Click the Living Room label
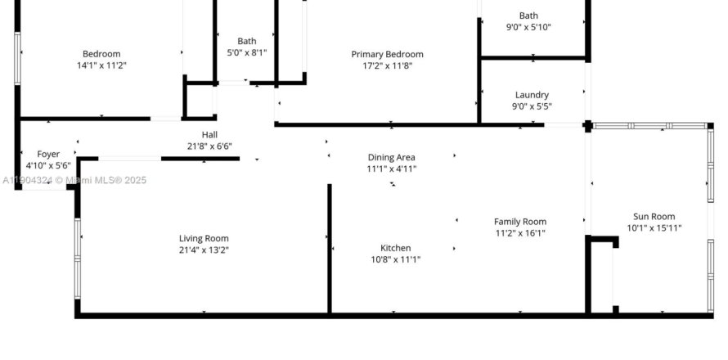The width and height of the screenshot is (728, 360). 204,238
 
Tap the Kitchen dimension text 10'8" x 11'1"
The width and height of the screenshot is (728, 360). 396,259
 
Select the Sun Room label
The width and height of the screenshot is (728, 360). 654,217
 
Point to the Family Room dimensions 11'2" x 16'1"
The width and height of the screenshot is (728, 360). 520,233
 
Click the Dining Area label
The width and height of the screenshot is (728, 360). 391,157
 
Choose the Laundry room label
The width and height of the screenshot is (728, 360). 532,95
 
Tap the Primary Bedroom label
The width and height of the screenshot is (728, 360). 387,54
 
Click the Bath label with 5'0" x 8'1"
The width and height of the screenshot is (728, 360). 246,42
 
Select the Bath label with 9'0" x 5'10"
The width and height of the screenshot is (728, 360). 528,16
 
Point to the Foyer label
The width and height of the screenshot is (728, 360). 48,154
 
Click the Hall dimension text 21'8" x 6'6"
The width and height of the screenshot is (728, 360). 209,146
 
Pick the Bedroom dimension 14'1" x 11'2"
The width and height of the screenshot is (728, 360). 101,65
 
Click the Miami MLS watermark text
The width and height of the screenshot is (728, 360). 74,180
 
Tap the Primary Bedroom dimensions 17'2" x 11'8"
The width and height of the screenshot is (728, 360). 387,66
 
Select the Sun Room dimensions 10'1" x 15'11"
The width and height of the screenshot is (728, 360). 654,228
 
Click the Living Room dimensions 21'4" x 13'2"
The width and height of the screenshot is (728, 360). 204,250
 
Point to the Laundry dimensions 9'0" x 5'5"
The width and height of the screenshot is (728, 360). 532,106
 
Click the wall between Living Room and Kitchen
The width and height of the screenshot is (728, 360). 330,249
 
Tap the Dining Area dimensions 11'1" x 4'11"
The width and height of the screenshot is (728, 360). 391,169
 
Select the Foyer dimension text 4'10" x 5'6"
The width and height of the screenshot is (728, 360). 48,165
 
